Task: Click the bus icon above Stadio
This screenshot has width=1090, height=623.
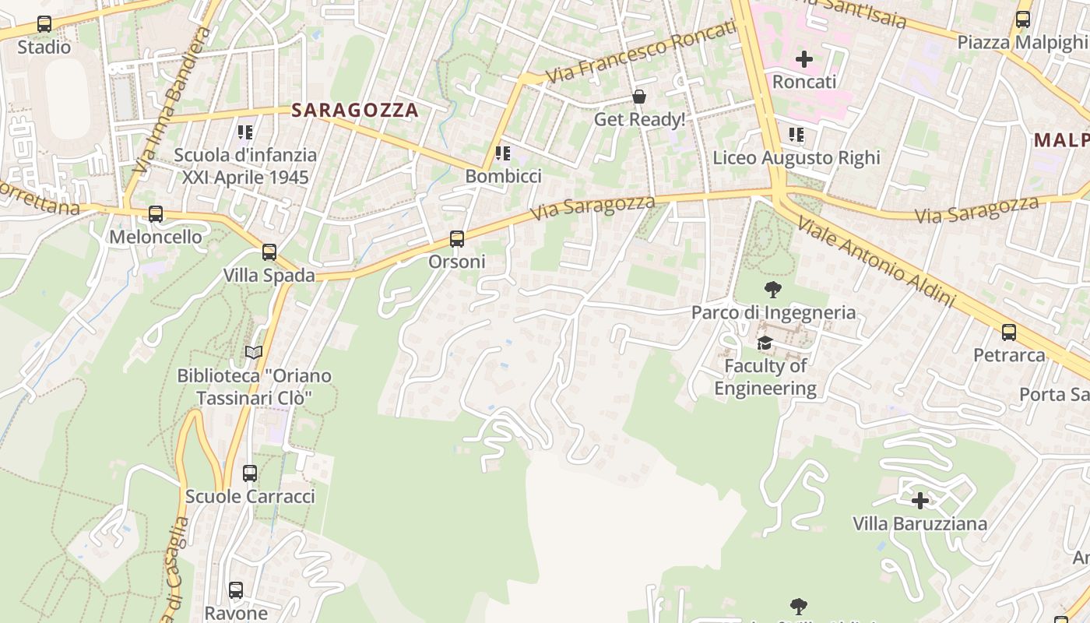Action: (x=44, y=24)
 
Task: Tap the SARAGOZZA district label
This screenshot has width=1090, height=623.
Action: (x=355, y=111)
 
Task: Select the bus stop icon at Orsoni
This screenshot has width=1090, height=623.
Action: (x=457, y=239)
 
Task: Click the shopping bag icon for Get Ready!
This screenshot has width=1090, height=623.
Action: (x=639, y=97)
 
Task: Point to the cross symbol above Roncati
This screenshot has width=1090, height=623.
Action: (x=804, y=58)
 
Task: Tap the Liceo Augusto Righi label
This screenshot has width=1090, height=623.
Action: (x=796, y=158)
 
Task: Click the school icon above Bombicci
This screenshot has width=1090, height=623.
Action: (x=503, y=153)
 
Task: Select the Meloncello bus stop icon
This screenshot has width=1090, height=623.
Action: (x=156, y=214)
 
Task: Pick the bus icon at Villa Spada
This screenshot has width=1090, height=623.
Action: (x=269, y=252)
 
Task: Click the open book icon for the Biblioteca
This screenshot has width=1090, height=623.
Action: (x=254, y=353)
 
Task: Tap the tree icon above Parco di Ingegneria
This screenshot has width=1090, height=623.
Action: (x=773, y=290)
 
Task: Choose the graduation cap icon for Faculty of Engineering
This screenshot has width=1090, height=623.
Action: (x=765, y=343)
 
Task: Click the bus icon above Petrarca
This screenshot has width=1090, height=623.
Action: (x=1009, y=333)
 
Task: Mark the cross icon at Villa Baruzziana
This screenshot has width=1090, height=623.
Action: (x=920, y=501)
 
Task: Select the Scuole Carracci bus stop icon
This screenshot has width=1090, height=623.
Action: (x=250, y=473)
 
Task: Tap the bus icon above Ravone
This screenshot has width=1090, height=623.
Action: (x=236, y=590)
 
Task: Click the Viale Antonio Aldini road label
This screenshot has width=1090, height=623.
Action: (x=876, y=262)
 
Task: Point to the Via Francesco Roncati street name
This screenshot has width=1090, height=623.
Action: (x=640, y=51)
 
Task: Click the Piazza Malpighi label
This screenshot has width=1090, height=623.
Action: (x=1021, y=42)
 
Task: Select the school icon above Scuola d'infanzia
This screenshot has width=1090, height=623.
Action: (x=246, y=132)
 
